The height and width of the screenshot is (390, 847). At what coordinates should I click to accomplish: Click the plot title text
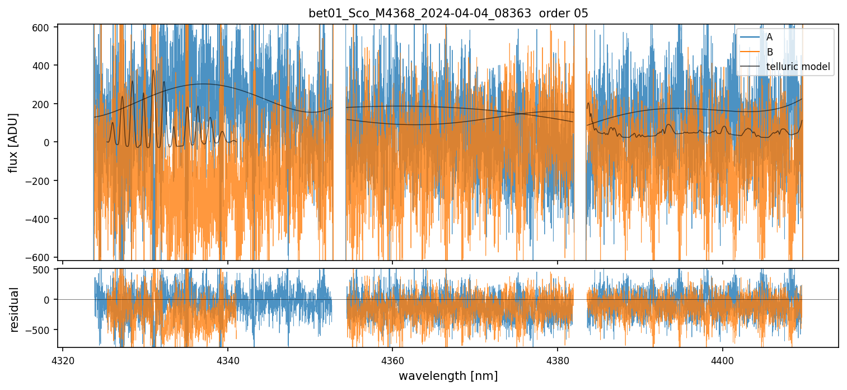[x=448, y=13]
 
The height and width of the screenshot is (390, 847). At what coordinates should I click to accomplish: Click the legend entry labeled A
[x=769, y=37]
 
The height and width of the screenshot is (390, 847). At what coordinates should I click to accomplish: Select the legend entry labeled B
[x=769, y=52]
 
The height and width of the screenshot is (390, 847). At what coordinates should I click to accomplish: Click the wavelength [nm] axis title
[x=448, y=375]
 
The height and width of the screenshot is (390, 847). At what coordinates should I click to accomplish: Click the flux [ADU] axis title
[x=12, y=142]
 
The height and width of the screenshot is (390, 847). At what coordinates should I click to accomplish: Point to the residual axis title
[x=15, y=309]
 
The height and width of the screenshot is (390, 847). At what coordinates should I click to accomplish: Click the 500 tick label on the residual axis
[x=44, y=270]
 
